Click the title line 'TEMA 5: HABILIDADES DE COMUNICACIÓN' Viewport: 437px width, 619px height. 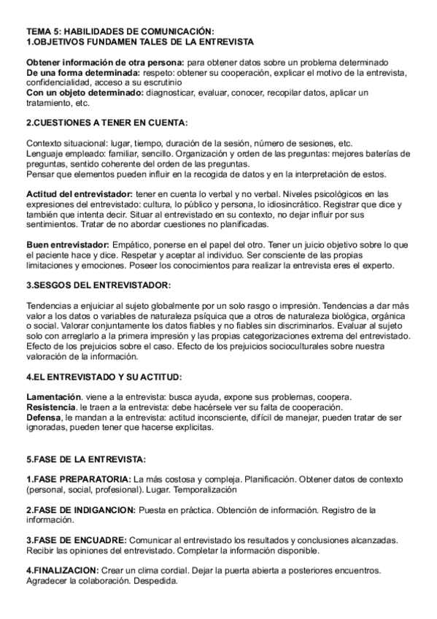(120, 31)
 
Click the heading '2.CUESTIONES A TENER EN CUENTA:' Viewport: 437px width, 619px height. (107, 123)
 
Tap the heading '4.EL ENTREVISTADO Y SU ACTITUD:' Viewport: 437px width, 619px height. (104, 377)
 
